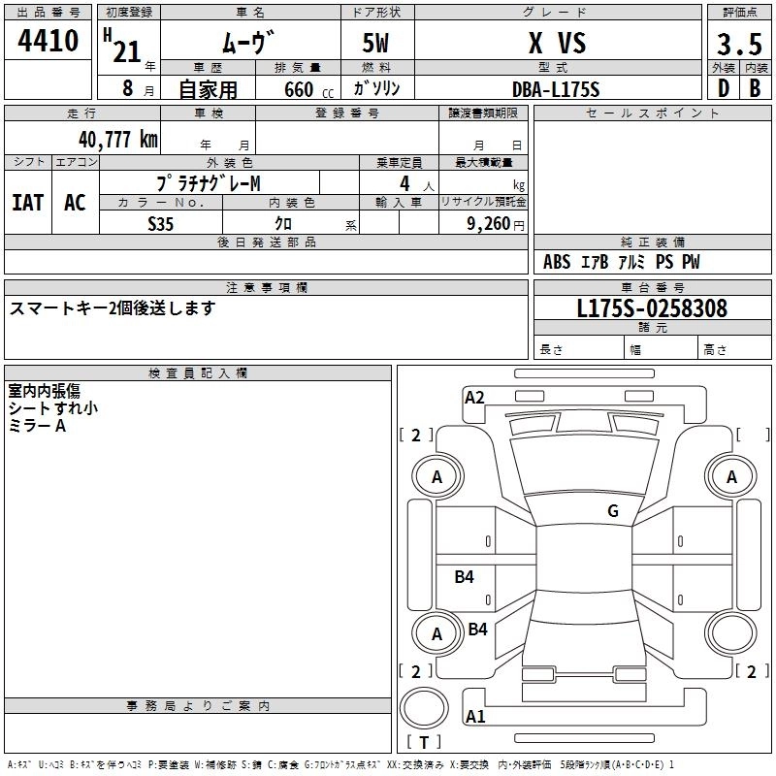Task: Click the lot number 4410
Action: (x=48, y=42)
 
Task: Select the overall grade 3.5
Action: (x=738, y=45)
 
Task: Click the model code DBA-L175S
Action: (x=556, y=89)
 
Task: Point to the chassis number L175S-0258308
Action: (x=652, y=308)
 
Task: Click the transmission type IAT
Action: (x=27, y=202)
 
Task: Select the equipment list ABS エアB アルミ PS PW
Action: (x=621, y=262)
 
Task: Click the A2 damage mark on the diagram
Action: (x=474, y=397)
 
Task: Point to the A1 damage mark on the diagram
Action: (x=474, y=717)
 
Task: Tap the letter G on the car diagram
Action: (x=612, y=510)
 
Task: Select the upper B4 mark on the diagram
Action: (x=465, y=577)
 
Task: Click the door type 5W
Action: (x=375, y=44)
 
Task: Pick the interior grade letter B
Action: (x=754, y=88)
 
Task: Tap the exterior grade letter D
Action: (x=723, y=88)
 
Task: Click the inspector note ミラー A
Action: (x=37, y=426)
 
